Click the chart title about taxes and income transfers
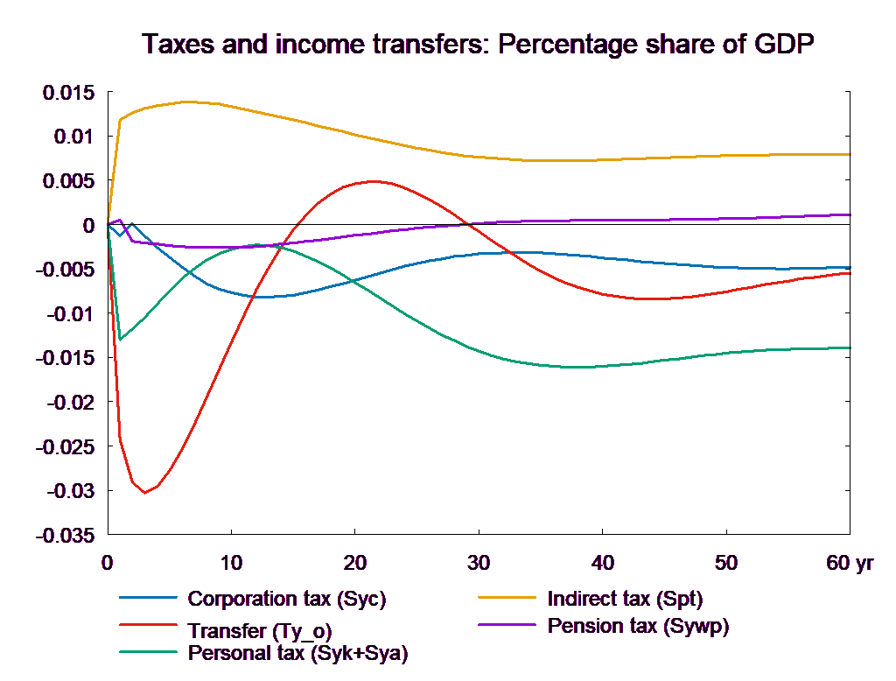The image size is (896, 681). [x=479, y=45]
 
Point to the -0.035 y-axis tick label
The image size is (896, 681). [x=66, y=535]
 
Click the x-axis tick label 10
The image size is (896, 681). [x=231, y=563]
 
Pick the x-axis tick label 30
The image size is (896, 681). [x=479, y=563]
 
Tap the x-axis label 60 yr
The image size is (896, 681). [x=850, y=563]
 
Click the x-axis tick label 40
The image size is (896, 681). [x=602, y=563]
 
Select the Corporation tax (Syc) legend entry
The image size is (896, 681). [x=287, y=600]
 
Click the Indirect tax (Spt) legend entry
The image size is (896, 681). [x=625, y=600]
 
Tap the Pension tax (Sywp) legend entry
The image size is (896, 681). [x=638, y=626]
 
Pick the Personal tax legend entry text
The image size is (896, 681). [x=297, y=653]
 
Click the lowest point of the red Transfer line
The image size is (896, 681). [x=145, y=492]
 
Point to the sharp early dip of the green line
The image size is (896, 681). [x=120, y=340]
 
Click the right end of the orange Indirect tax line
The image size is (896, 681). [x=850, y=154]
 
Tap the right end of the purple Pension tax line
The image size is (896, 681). [x=850, y=214]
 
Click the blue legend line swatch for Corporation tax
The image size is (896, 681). [x=148, y=600]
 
